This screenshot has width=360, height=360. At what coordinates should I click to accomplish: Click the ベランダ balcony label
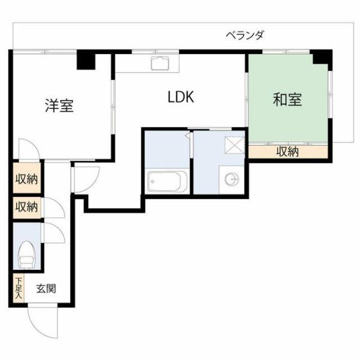point(244,35)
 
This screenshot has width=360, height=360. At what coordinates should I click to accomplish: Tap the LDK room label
point(180,97)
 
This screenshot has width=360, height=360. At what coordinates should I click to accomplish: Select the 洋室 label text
point(59,106)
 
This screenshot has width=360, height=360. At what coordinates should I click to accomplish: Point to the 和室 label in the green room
point(287,100)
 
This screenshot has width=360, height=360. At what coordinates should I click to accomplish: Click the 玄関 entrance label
point(46,289)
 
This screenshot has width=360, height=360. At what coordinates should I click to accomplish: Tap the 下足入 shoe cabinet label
point(19,289)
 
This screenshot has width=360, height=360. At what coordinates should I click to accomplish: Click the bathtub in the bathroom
point(167,180)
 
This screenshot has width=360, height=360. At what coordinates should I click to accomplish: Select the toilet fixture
point(26,254)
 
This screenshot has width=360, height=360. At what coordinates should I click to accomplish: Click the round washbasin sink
point(232,178)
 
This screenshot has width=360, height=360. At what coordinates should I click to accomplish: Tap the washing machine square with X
point(233,146)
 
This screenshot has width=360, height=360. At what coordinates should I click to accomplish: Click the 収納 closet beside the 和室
point(287,152)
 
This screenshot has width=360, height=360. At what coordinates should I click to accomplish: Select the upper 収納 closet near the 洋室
point(27,178)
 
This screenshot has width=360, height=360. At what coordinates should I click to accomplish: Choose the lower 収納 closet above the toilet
point(27,208)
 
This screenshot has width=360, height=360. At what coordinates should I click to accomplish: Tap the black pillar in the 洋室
point(86,61)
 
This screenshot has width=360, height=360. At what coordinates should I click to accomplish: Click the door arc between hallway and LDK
point(85,178)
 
